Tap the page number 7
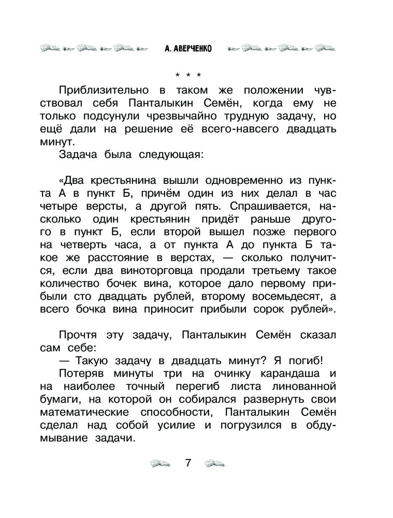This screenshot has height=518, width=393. click(x=188, y=463)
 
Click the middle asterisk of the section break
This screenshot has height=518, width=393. click(x=188, y=74)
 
